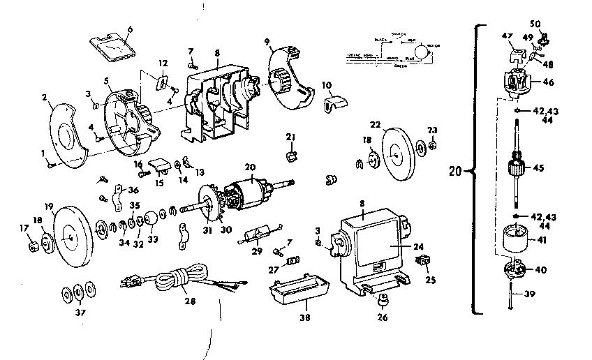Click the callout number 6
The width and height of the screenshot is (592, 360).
(129, 29)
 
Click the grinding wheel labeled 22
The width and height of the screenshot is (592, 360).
(394, 149)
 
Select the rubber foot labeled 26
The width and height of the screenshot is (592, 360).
(382, 301)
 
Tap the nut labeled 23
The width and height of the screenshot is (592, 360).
(432, 146)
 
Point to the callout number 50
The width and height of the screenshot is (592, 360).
(535, 24)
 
